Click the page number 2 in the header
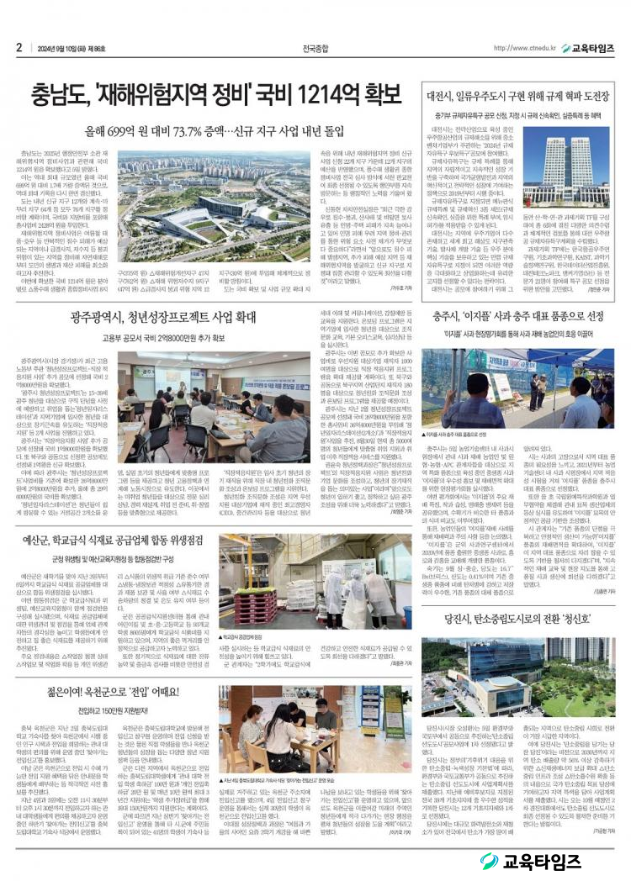coord(19,47)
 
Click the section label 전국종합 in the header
coord(315,48)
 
